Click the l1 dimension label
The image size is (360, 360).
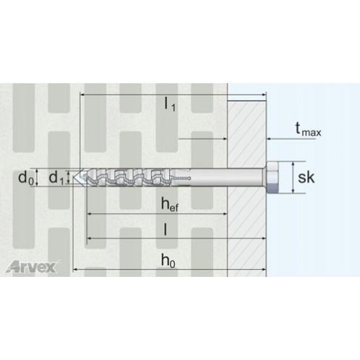point(170,105)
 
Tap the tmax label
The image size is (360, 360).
point(308,129)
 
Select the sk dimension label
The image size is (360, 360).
point(307,177)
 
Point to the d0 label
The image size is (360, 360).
point(26,178)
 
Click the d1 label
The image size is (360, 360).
point(56,178)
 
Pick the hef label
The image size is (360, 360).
point(170,205)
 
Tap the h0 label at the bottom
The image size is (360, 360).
point(168,260)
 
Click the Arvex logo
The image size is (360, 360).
point(32,267)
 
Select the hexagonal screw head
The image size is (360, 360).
point(273,177)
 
